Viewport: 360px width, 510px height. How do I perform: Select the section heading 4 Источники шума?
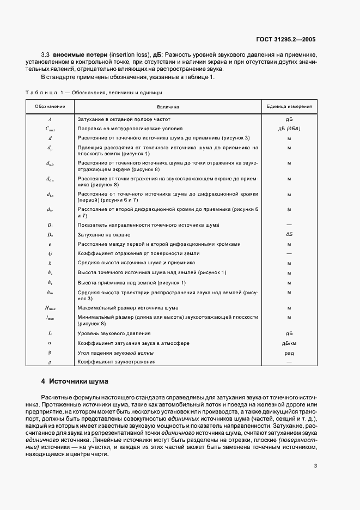tap(75, 381)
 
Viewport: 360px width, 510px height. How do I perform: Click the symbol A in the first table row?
tap(50, 118)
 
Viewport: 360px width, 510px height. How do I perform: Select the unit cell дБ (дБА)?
tap(289, 128)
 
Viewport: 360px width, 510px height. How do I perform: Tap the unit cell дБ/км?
tap(289, 343)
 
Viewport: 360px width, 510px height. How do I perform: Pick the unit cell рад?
tap(289, 353)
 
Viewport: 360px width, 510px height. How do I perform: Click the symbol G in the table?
tap(50, 253)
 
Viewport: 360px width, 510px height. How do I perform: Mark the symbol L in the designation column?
tap(50, 333)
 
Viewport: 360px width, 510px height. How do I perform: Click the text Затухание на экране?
tap(104, 234)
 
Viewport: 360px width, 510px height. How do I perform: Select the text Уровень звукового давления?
tap(114, 333)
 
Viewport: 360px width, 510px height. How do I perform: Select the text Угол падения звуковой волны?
tap(115, 353)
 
